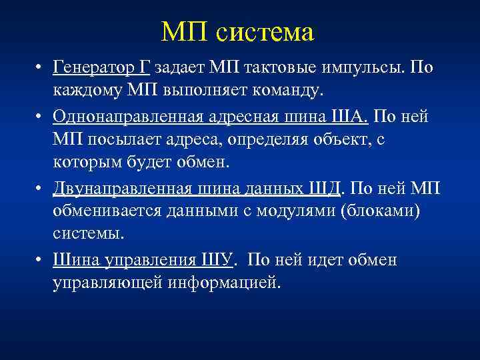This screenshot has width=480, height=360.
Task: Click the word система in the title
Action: (x=266, y=32)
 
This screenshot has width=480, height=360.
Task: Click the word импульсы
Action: (x=369, y=68)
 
